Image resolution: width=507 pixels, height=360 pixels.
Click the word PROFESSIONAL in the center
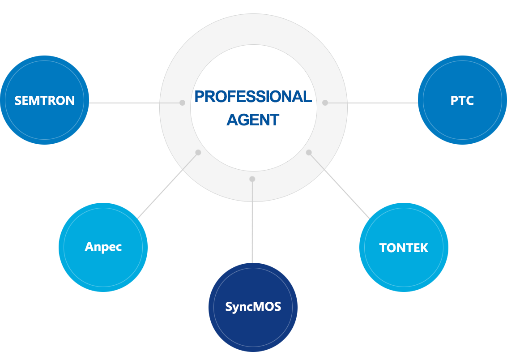253,97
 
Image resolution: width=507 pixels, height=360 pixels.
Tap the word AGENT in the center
253,120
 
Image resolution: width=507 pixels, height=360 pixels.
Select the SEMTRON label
45,100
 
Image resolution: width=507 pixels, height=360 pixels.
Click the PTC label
462,100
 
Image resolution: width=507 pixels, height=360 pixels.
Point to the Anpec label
103,247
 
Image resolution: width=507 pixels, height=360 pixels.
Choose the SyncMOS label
253,307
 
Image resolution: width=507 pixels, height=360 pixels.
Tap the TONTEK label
404,248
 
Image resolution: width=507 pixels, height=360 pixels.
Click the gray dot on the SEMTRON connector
182,103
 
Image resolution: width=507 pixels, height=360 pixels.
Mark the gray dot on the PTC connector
325,103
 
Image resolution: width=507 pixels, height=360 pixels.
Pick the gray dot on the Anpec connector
198,152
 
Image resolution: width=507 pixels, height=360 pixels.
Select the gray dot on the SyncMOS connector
252,179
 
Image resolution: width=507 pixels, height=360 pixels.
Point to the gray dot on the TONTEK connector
308,153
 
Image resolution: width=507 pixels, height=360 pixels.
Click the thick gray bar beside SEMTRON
123,103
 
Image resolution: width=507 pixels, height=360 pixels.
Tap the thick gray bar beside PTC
383,103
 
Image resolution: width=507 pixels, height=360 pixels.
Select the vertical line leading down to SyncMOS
252,224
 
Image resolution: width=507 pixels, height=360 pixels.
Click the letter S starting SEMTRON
18,100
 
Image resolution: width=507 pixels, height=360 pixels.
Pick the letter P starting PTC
454,100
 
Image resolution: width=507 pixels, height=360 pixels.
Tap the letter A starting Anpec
89,247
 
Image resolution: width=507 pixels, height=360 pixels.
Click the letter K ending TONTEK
424,248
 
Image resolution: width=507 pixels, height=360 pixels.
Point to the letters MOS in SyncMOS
269,307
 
